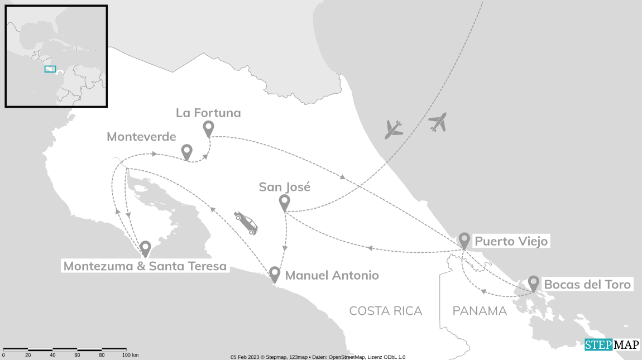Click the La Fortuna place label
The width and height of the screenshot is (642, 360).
click(x=208, y=113)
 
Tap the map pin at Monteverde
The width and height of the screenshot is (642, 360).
click(x=186, y=151)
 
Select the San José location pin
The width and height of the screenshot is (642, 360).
click(x=284, y=202)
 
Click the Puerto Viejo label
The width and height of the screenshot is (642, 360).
click(x=511, y=241)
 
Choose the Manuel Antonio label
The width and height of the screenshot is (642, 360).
click(x=332, y=275)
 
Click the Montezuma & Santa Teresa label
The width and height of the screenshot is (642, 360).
click(x=145, y=266)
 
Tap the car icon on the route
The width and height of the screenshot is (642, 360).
click(x=246, y=223)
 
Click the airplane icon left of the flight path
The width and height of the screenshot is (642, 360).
click(x=394, y=129)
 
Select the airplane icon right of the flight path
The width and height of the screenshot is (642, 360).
click(x=438, y=122)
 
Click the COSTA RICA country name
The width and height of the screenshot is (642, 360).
click(x=385, y=311)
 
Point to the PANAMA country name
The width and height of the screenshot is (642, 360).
click(x=480, y=311)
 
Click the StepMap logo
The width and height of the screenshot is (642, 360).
click(x=612, y=345)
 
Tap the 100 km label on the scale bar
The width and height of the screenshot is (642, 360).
click(x=130, y=355)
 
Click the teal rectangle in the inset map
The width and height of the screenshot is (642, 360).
click(x=50, y=69)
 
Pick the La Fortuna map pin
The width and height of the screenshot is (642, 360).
click(x=208, y=128)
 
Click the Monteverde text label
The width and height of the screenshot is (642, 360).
click(x=141, y=137)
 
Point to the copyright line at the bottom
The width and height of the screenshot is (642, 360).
click(x=318, y=357)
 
